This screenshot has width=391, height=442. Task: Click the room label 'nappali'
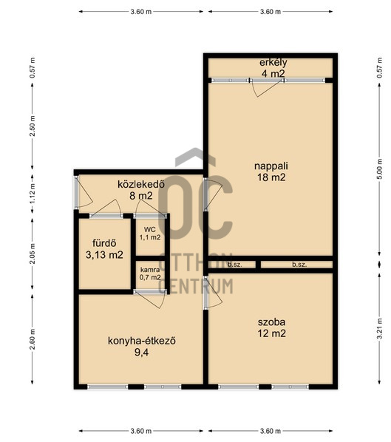(x=271, y=166)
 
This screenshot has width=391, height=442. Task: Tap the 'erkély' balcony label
(x=273, y=62)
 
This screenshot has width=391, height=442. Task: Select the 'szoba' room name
(x=271, y=322)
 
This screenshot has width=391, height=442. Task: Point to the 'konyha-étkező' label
(x=142, y=341)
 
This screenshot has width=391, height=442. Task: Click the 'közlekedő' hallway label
(x=141, y=184)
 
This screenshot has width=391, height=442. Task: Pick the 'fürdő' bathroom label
(x=104, y=243)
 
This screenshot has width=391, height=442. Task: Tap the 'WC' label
(x=150, y=230)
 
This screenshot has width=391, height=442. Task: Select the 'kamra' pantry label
(x=150, y=270)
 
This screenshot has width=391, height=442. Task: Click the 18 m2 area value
(x=271, y=177)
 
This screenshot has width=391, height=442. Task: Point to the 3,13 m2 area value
(x=104, y=255)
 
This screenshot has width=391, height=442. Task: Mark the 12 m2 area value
(x=271, y=333)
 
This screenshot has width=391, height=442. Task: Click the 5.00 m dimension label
(x=379, y=169)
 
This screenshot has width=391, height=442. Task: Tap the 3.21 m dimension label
(x=379, y=329)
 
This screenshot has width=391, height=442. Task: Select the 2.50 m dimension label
(x=33, y=126)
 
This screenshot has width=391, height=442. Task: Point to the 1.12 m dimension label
(x=33, y=194)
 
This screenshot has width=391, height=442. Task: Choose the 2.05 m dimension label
(x=33, y=254)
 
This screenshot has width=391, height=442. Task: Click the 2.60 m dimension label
(x=33, y=339)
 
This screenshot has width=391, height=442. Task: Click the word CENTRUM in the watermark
(x=196, y=286)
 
